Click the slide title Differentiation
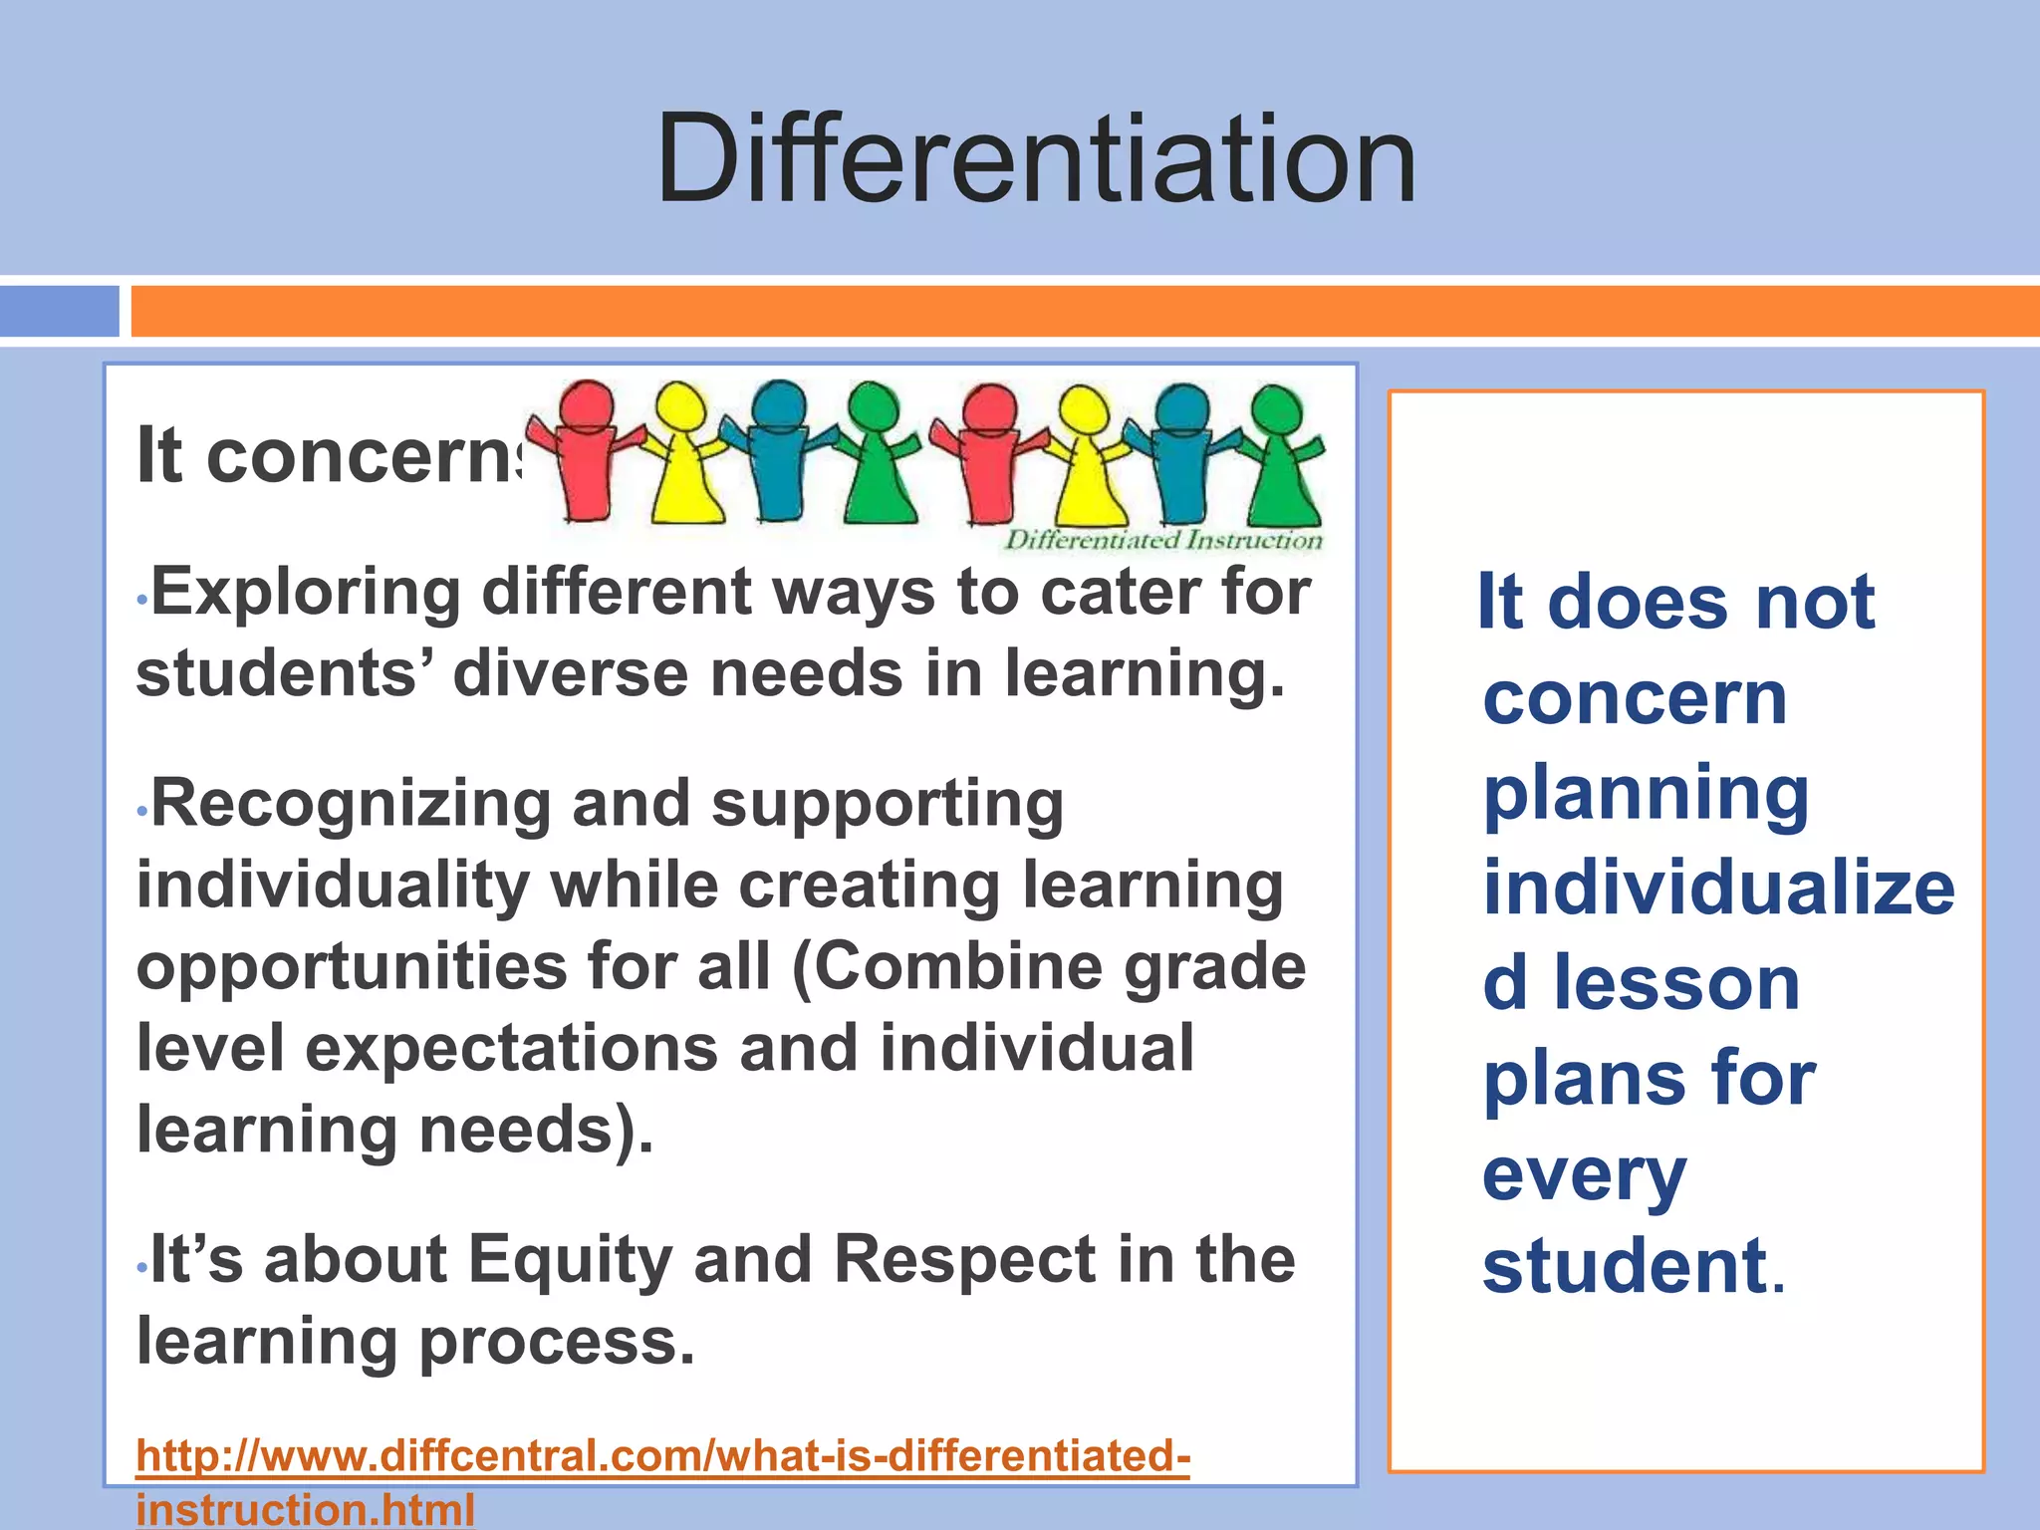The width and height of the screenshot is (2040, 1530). (1036, 159)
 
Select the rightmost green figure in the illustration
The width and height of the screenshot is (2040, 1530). (1280, 458)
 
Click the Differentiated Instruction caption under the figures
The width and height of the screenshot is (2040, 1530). (1162, 541)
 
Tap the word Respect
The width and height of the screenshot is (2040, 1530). (964, 1260)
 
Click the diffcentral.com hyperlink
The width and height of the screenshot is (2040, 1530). (662, 1456)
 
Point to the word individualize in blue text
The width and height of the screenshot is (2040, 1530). (1719, 889)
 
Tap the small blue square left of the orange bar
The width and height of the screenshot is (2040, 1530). (59, 312)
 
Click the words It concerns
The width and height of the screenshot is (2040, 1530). (329, 456)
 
